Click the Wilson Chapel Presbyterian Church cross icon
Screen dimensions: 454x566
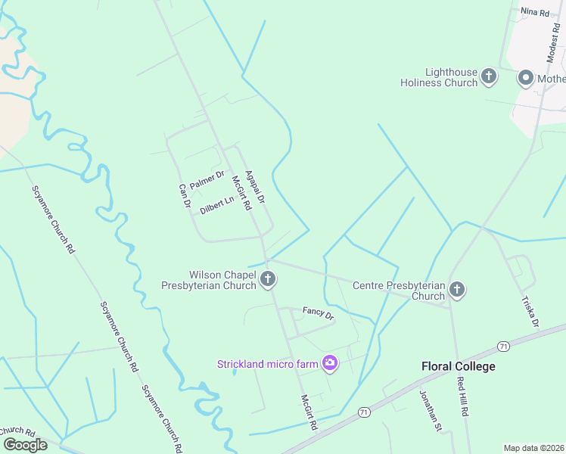267,280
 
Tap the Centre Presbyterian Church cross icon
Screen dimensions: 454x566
456,288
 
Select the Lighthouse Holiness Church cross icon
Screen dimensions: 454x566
489,76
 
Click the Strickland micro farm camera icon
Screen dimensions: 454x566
329,364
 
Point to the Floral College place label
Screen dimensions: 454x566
458,366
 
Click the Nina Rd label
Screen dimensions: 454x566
533,12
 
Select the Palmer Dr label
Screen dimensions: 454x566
207,180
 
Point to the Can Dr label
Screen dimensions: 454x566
182,196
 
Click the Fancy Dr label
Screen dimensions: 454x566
318,312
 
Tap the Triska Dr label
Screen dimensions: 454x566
530,311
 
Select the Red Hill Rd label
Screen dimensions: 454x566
462,396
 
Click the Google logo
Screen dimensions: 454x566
25,444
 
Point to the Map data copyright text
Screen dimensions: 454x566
533,448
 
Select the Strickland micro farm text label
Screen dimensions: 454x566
268,364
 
